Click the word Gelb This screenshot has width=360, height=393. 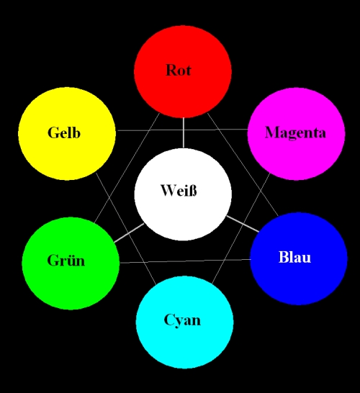(x=64, y=133)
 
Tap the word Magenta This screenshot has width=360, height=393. (x=295, y=133)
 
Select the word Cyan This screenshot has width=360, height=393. (x=182, y=320)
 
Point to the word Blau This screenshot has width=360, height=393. (x=294, y=257)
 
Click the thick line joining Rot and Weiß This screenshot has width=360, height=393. (x=183, y=133)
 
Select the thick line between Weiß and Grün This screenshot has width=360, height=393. (x=130, y=233)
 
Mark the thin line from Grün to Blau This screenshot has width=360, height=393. (x=184, y=261)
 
